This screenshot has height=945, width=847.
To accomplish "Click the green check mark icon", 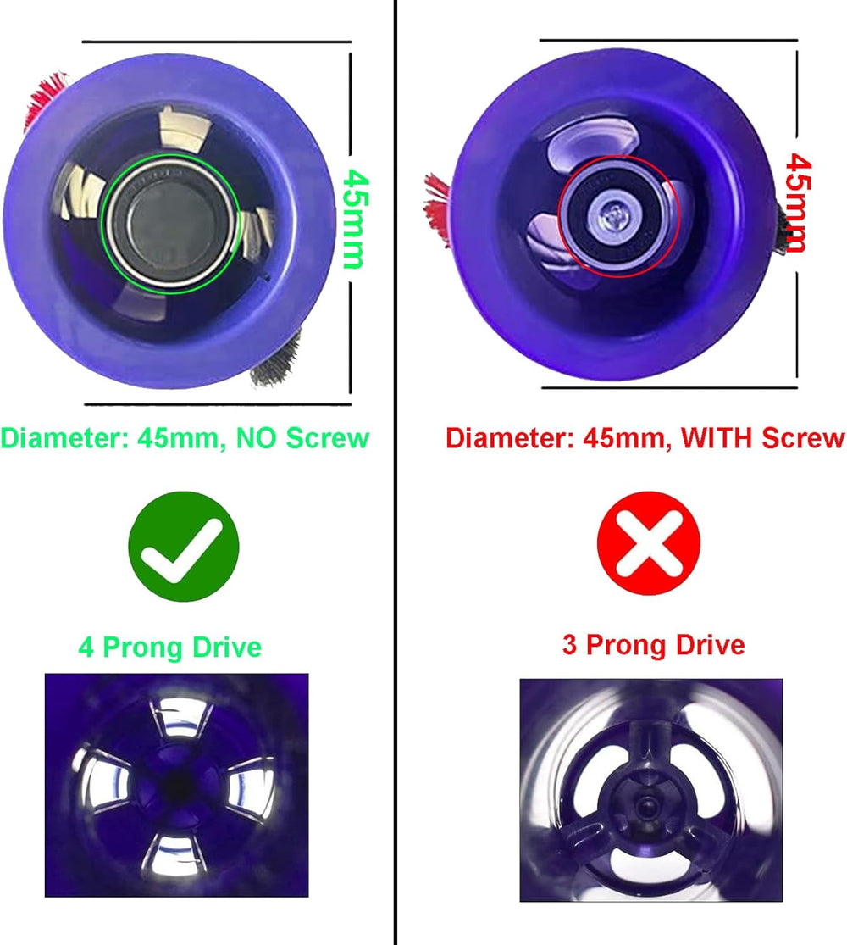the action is click(184, 546).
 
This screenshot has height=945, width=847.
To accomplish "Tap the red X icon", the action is click(648, 543).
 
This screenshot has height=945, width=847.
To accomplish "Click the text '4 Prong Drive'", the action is click(170, 648).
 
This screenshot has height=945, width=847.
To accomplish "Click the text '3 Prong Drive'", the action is click(654, 645).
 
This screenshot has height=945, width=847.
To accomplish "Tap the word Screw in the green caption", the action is click(327, 438).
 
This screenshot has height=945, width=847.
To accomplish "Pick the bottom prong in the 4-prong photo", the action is click(174, 854).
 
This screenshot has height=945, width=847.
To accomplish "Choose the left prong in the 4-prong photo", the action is click(102, 780).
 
